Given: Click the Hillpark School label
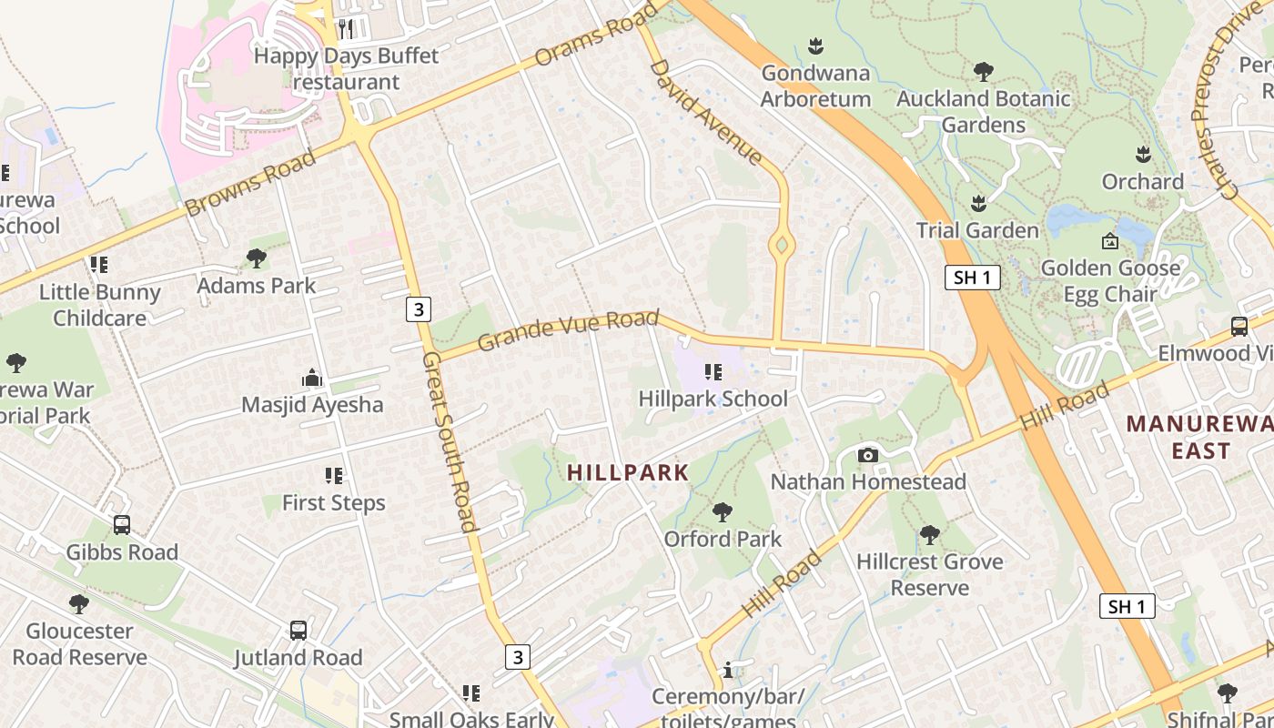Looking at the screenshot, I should click(713, 399).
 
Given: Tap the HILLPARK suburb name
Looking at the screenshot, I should click(628, 472).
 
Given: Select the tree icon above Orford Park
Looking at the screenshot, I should click(723, 512).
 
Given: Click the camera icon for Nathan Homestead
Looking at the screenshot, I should click(868, 455).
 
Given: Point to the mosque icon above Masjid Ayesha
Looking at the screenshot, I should click(312, 378).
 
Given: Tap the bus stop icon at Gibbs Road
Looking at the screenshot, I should click(122, 525).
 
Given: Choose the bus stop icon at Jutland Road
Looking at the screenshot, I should click(298, 630).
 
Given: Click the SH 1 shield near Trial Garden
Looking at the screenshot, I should click(972, 278).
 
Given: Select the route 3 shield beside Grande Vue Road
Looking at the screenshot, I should click(418, 309).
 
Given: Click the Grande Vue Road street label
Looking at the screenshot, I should click(568, 329).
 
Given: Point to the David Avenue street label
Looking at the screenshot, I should click(705, 112).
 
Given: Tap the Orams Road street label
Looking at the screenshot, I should click(596, 35).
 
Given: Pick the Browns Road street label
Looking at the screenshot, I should click(249, 183).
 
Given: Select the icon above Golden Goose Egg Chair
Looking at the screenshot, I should click(1109, 241).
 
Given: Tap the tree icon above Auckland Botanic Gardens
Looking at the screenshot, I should click(983, 71).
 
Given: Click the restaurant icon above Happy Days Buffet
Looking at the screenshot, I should click(346, 29).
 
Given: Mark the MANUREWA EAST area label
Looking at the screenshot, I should click(1199, 437).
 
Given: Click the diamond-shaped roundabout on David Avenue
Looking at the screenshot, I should click(781, 245).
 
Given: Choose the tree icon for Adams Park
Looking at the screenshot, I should click(257, 258).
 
